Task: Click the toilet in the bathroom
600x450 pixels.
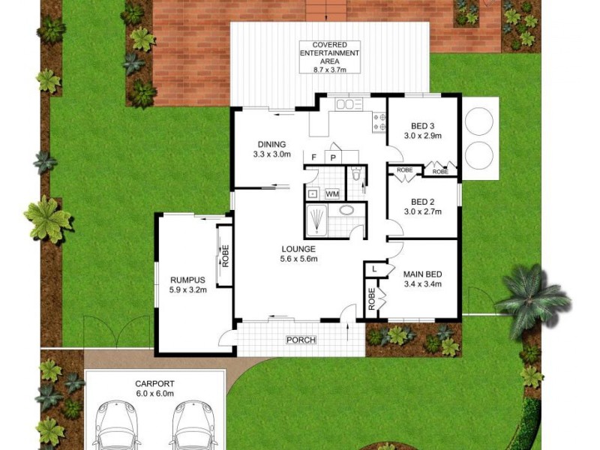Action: point(357,175)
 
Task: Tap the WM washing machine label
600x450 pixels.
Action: point(331,194)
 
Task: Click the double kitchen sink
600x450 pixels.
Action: point(348,104)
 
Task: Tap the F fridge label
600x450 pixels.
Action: point(315,157)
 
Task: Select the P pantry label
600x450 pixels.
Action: point(333,157)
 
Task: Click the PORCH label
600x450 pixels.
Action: point(301,340)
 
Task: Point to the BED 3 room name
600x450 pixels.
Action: point(423,125)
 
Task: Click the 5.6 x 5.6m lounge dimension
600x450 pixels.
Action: point(299,259)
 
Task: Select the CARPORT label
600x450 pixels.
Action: point(154,382)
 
